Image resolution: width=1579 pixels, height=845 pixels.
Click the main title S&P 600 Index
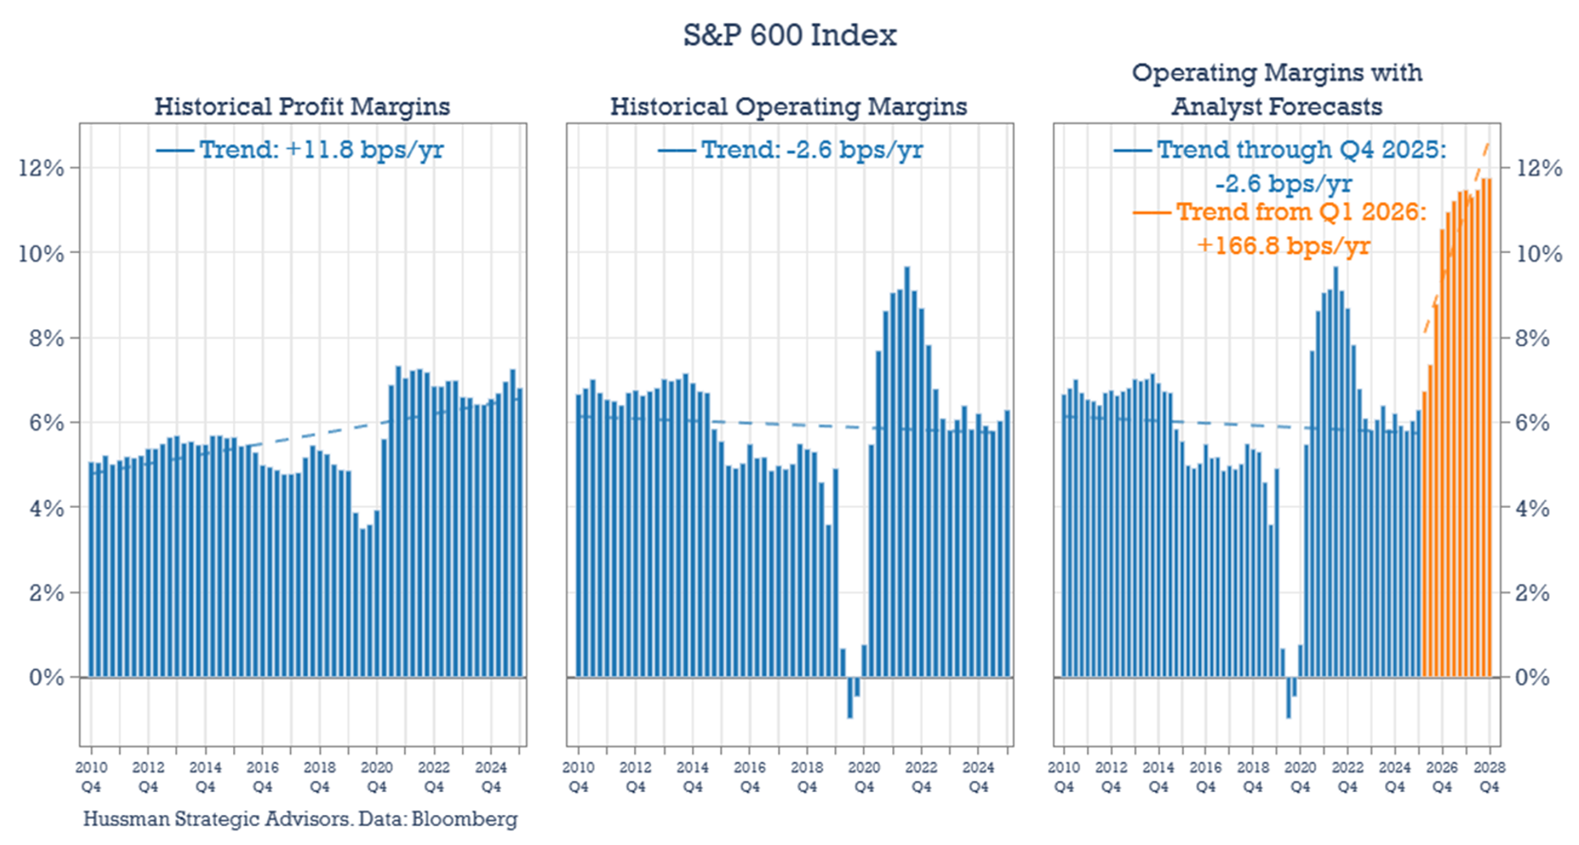tap(789, 35)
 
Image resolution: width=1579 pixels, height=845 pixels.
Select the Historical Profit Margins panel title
tap(301, 107)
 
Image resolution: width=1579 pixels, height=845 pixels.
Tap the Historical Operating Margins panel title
tap(788, 107)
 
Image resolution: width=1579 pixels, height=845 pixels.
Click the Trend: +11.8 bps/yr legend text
tap(321, 150)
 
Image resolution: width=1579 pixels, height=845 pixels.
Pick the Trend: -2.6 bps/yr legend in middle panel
tap(811, 150)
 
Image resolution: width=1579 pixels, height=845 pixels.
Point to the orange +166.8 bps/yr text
tap(1283, 245)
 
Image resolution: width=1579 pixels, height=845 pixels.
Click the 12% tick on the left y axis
tap(41, 168)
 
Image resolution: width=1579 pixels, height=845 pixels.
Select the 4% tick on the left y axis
tap(46, 508)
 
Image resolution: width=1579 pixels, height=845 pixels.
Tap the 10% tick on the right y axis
tap(1538, 253)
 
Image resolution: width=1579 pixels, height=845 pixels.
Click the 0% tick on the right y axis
tap(1532, 677)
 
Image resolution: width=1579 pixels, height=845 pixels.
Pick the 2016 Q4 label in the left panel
tap(262, 777)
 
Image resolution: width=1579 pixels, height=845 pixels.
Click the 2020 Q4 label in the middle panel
tap(864, 777)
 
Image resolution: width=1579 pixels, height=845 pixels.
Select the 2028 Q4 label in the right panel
tap(1489, 777)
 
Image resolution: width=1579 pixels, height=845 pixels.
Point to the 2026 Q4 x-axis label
tap(1442, 777)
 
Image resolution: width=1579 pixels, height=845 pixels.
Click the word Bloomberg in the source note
tap(464, 819)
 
